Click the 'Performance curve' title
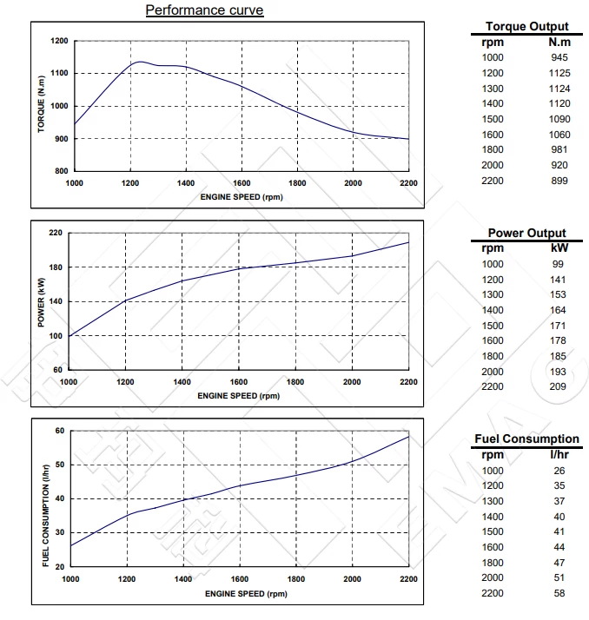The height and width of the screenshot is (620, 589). click(x=204, y=10)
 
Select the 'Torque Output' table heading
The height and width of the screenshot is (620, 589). click(x=526, y=27)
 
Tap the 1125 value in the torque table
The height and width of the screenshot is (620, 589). click(x=559, y=73)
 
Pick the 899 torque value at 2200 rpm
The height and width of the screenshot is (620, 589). click(x=559, y=180)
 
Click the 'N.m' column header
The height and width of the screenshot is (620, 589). click(x=559, y=42)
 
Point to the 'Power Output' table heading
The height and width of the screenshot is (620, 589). click(x=526, y=233)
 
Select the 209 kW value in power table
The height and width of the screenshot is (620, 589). click(x=558, y=386)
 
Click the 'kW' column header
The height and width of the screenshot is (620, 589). click(x=558, y=248)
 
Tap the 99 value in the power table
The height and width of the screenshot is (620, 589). click(x=558, y=264)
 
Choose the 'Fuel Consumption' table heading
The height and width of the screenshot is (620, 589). click(x=526, y=439)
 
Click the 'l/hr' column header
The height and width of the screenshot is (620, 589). click(x=558, y=454)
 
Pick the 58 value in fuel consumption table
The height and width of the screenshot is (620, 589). click(x=558, y=592)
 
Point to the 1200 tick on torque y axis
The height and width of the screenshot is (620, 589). click(x=58, y=41)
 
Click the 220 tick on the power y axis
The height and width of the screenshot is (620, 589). click(x=56, y=233)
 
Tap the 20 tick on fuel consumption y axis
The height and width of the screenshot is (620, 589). click(x=60, y=566)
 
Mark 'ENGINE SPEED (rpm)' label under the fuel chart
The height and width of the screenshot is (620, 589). click(x=244, y=594)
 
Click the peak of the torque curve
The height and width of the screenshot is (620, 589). click(x=140, y=62)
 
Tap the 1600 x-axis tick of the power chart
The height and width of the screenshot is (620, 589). click(x=241, y=382)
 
